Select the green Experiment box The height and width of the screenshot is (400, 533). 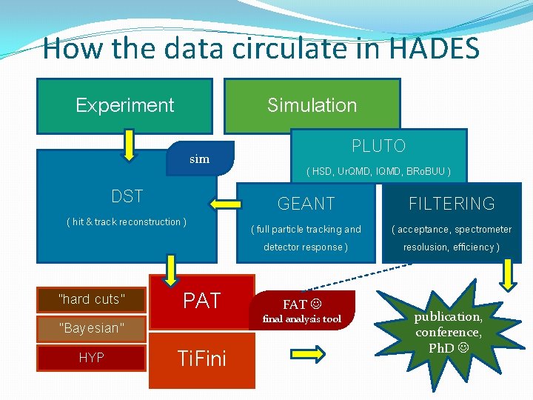[124, 105]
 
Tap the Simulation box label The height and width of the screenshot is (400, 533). [312, 105]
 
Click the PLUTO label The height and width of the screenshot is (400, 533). [378, 145]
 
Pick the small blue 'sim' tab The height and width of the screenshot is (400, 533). [200, 159]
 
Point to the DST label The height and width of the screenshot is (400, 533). [127, 196]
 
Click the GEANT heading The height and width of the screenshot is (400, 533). [306, 204]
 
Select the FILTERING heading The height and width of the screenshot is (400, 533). [452, 204]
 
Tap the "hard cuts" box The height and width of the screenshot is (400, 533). [91, 299]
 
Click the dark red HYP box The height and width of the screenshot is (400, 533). [91, 358]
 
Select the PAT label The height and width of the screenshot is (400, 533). [201, 301]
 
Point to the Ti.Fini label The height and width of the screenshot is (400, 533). [201, 359]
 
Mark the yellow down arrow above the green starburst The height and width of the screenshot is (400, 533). [510, 275]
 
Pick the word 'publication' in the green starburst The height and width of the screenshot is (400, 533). [447, 317]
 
